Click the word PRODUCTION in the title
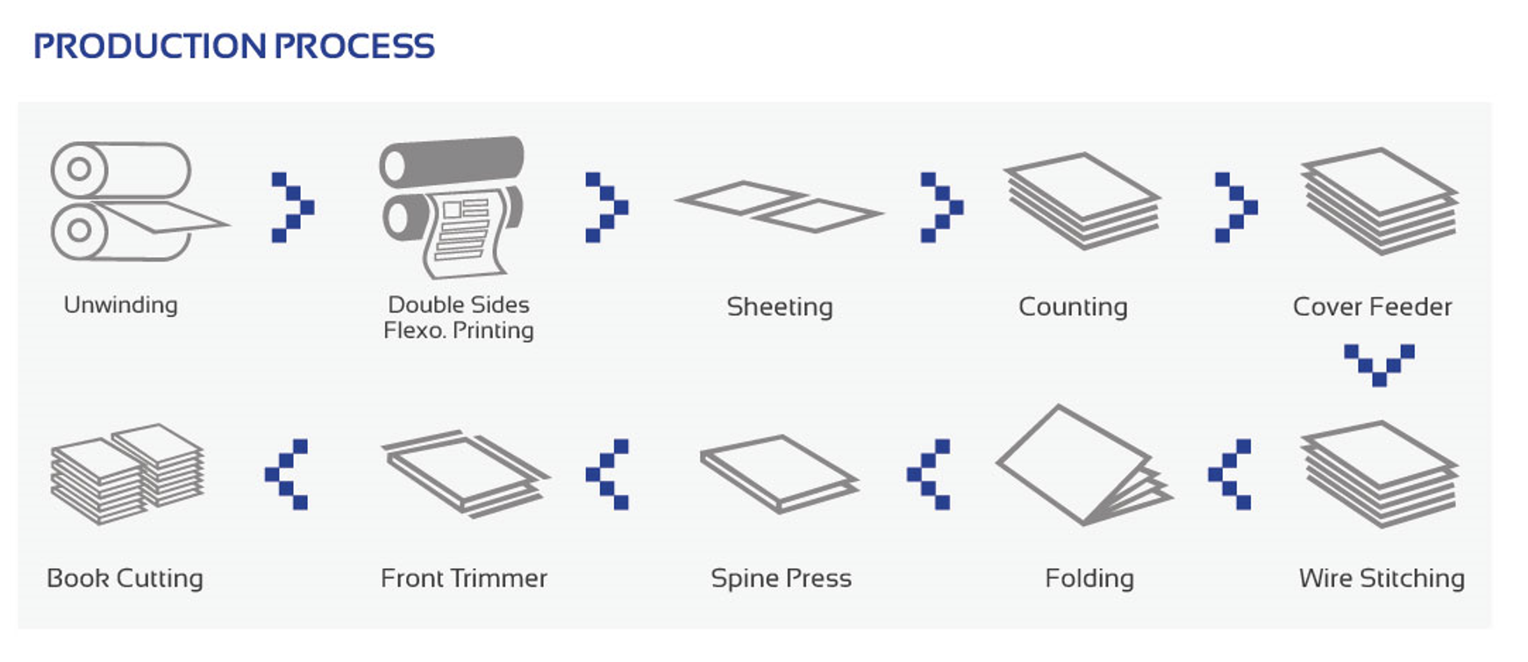(149, 47)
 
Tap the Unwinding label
(120, 305)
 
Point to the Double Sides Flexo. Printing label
(459, 317)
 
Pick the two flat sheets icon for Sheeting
(779, 207)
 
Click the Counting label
(1073, 306)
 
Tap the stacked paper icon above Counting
(1082, 200)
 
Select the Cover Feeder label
(1372, 306)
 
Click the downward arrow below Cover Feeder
(1379, 363)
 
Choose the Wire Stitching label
(1382, 578)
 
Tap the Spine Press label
(781, 578)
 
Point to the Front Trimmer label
(464, 578)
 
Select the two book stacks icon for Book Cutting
(127, 474)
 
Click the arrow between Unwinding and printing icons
(293, 207)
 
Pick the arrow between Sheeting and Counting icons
(942, 207)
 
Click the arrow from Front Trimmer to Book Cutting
(286, 474)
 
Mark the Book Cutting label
(125, 578)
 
